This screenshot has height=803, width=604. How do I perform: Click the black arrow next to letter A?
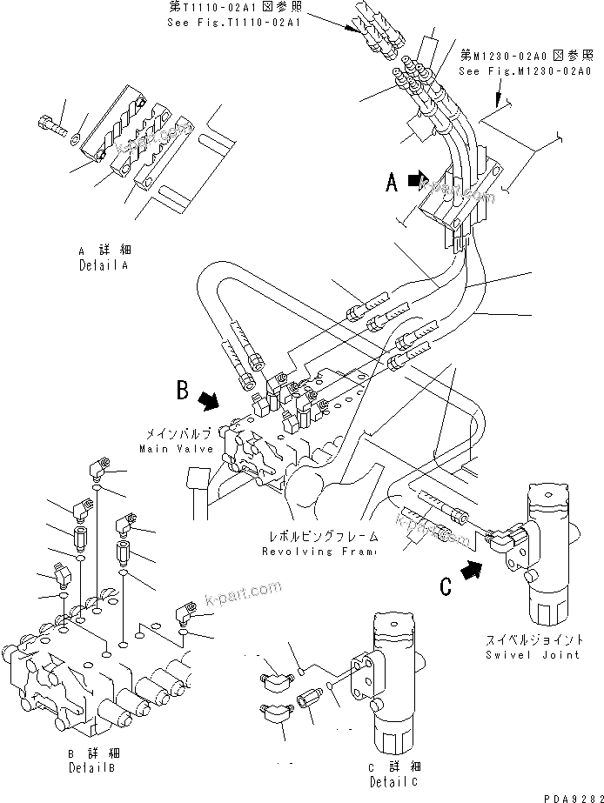(418, 181)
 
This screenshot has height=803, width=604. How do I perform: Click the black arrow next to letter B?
(209, 399)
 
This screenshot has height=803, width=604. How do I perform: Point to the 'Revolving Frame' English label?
(319, 552)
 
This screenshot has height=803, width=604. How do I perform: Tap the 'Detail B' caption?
(91, 768)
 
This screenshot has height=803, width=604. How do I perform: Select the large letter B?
(183, 391)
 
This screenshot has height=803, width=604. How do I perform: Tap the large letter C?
(446, 587)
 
